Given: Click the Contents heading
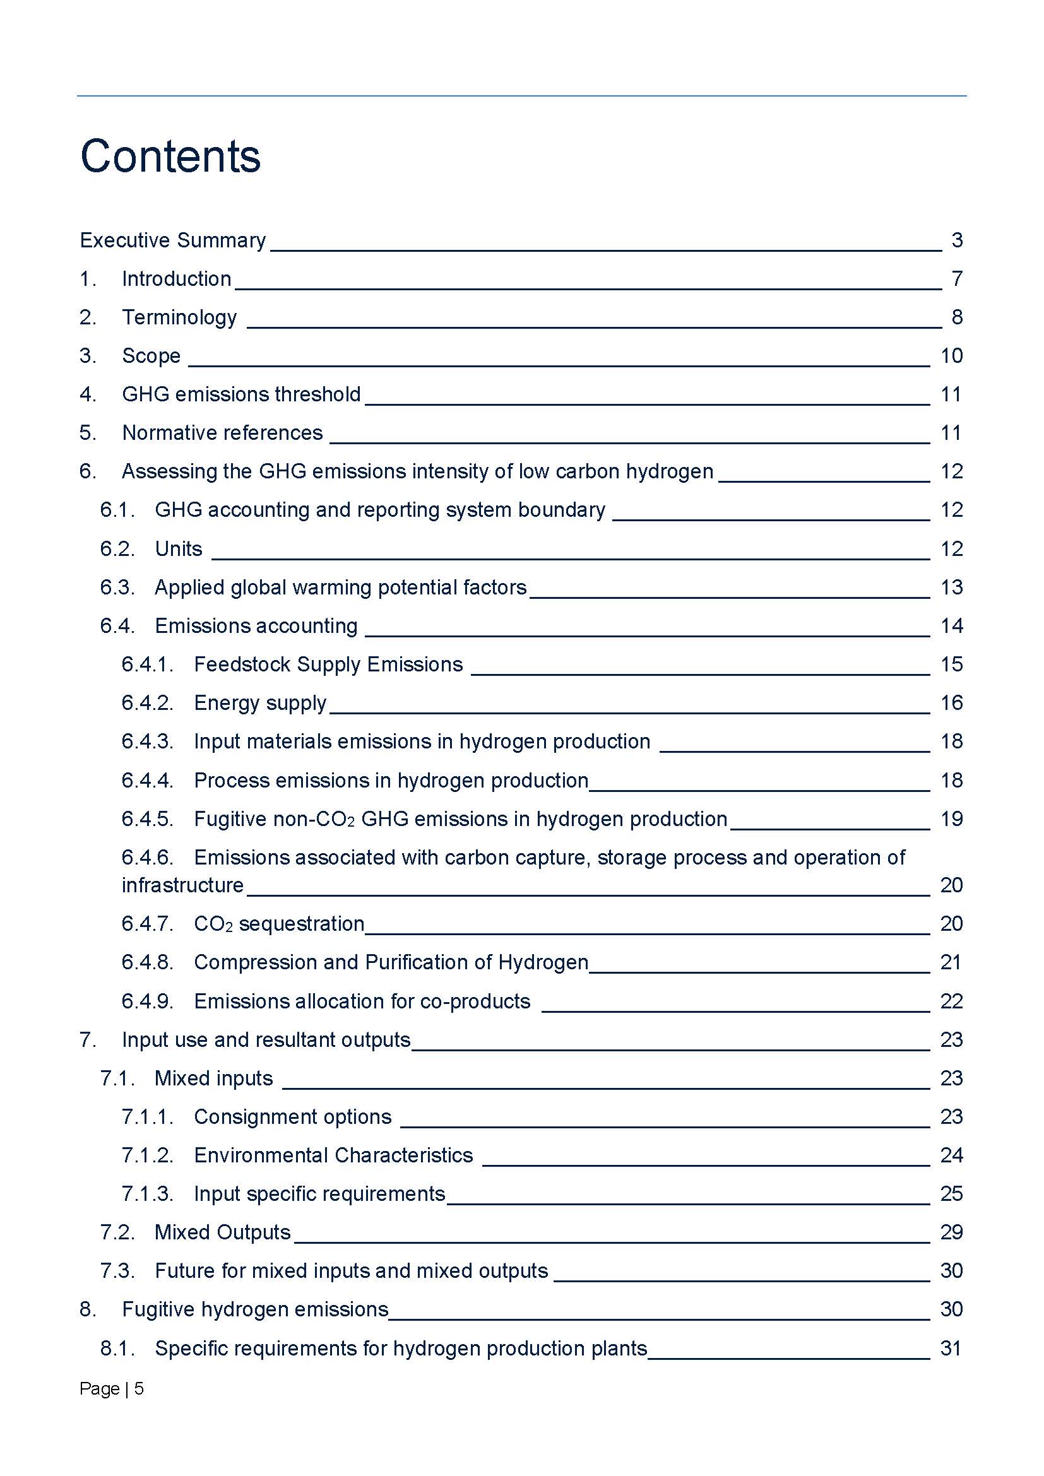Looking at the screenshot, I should [170, 156].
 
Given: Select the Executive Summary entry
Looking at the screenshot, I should [172, 240].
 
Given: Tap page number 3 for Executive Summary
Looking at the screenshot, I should [956, 240].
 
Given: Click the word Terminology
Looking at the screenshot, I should [179, 317].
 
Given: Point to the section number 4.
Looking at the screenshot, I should [88, 394].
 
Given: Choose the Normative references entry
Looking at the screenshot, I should [222, 433].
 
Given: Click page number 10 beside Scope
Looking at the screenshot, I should [951, 355].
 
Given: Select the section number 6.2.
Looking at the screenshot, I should [117, 548].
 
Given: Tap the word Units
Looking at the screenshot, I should [179, 548].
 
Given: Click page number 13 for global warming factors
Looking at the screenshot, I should [951, 587].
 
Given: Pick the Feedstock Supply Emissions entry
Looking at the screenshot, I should [328, 664].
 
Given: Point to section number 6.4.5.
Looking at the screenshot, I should [147, 818].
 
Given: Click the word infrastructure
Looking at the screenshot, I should [182, 885].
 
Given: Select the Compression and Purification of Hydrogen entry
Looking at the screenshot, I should [391, 962].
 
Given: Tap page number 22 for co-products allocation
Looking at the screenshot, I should [951, 1001].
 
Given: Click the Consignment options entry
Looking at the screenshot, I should [292, 1117].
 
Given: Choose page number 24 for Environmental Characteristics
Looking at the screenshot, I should [951, 1155].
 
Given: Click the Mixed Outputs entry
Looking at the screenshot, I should [222, 1232].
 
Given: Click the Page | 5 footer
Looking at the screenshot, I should [111, 1388].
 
